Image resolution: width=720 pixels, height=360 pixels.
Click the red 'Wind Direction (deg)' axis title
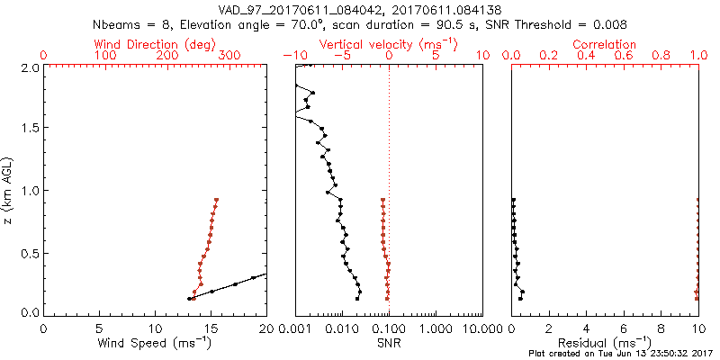point(155,44)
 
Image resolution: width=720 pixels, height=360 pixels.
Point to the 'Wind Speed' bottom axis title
point(155,343)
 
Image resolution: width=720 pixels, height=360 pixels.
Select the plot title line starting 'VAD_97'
point(360,10)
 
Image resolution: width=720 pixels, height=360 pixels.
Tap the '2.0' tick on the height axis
point(30,67)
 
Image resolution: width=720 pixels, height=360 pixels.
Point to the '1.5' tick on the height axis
point(30,129)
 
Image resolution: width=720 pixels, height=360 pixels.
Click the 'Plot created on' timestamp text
point(621,354)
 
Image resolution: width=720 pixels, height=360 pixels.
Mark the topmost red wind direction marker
point(216,200)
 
